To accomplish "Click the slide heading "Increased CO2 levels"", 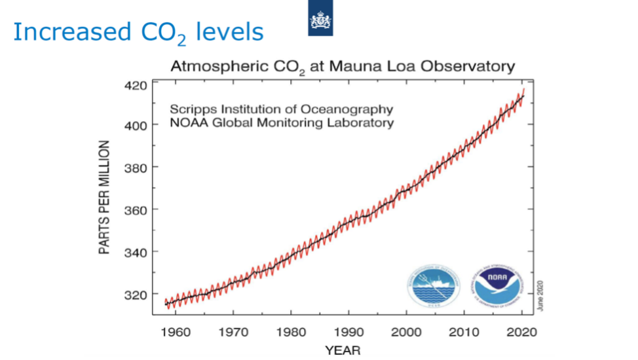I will [x=138, y=32].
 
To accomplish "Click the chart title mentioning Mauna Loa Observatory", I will [x=343, y=67].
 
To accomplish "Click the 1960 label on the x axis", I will [x=176, y=332].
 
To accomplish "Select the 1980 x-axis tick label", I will [x=291, y=332].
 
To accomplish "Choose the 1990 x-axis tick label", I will [x=348, y=332].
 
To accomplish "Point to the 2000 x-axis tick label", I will [x=406, y=332].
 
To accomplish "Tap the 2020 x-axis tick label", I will [x=521, y=332].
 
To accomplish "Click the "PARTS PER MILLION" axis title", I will [x=104, y=196].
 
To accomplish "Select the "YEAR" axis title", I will [x=343, y=350].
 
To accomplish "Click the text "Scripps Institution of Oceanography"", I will [x=282, y=109].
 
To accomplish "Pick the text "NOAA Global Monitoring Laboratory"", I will [x=282, y=122].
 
